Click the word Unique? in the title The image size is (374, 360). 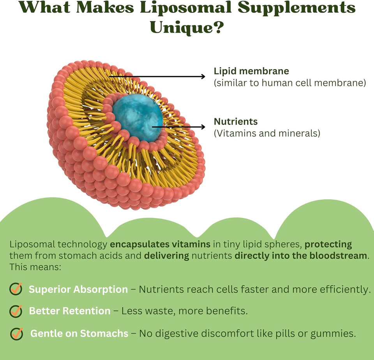pyautogui.click(x=187, y=28)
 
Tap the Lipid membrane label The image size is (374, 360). pyautogui.click(x=251, y=71)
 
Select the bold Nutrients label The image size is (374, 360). pyautogui.click(x=236, y=121)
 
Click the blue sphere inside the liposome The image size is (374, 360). pyautogui.click(x=138, y=117)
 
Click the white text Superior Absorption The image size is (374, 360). pyautogui.click(x=78, y=290)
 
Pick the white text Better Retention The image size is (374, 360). pyautogui.click(x=70, y=311)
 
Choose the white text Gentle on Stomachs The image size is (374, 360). pyautogui.click(x=79, y=334)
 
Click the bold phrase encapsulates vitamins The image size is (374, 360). pyautogui.click(x=161, y=245)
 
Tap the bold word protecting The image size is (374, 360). pyautogui.click(x=328, y=245)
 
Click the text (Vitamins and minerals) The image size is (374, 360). pyautogui.click(x=267, y=133)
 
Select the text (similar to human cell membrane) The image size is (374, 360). pyautogui.click(x=290, y=83)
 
